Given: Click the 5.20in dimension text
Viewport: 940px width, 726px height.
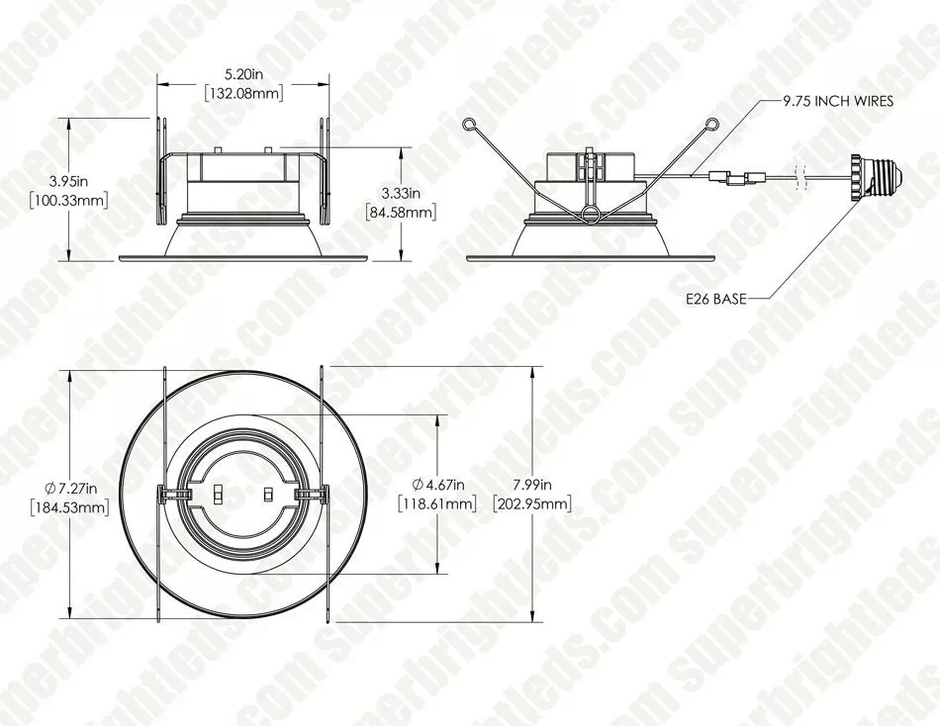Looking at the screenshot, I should (x=242, y=74).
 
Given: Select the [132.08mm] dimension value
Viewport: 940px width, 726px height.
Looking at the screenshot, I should (x=243, y=93).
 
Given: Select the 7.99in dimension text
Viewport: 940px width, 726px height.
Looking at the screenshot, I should (x=532, y=485).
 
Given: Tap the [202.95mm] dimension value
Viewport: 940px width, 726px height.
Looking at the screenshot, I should (x=532, y=503).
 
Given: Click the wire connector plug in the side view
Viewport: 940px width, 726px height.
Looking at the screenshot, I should (x=736, y=178).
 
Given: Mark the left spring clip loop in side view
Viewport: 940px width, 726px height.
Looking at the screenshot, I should (x=471, y=124).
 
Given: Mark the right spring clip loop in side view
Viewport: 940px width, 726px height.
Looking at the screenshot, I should (x=711, y=124).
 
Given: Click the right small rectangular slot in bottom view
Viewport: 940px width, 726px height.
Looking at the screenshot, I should (x=266, y=493).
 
